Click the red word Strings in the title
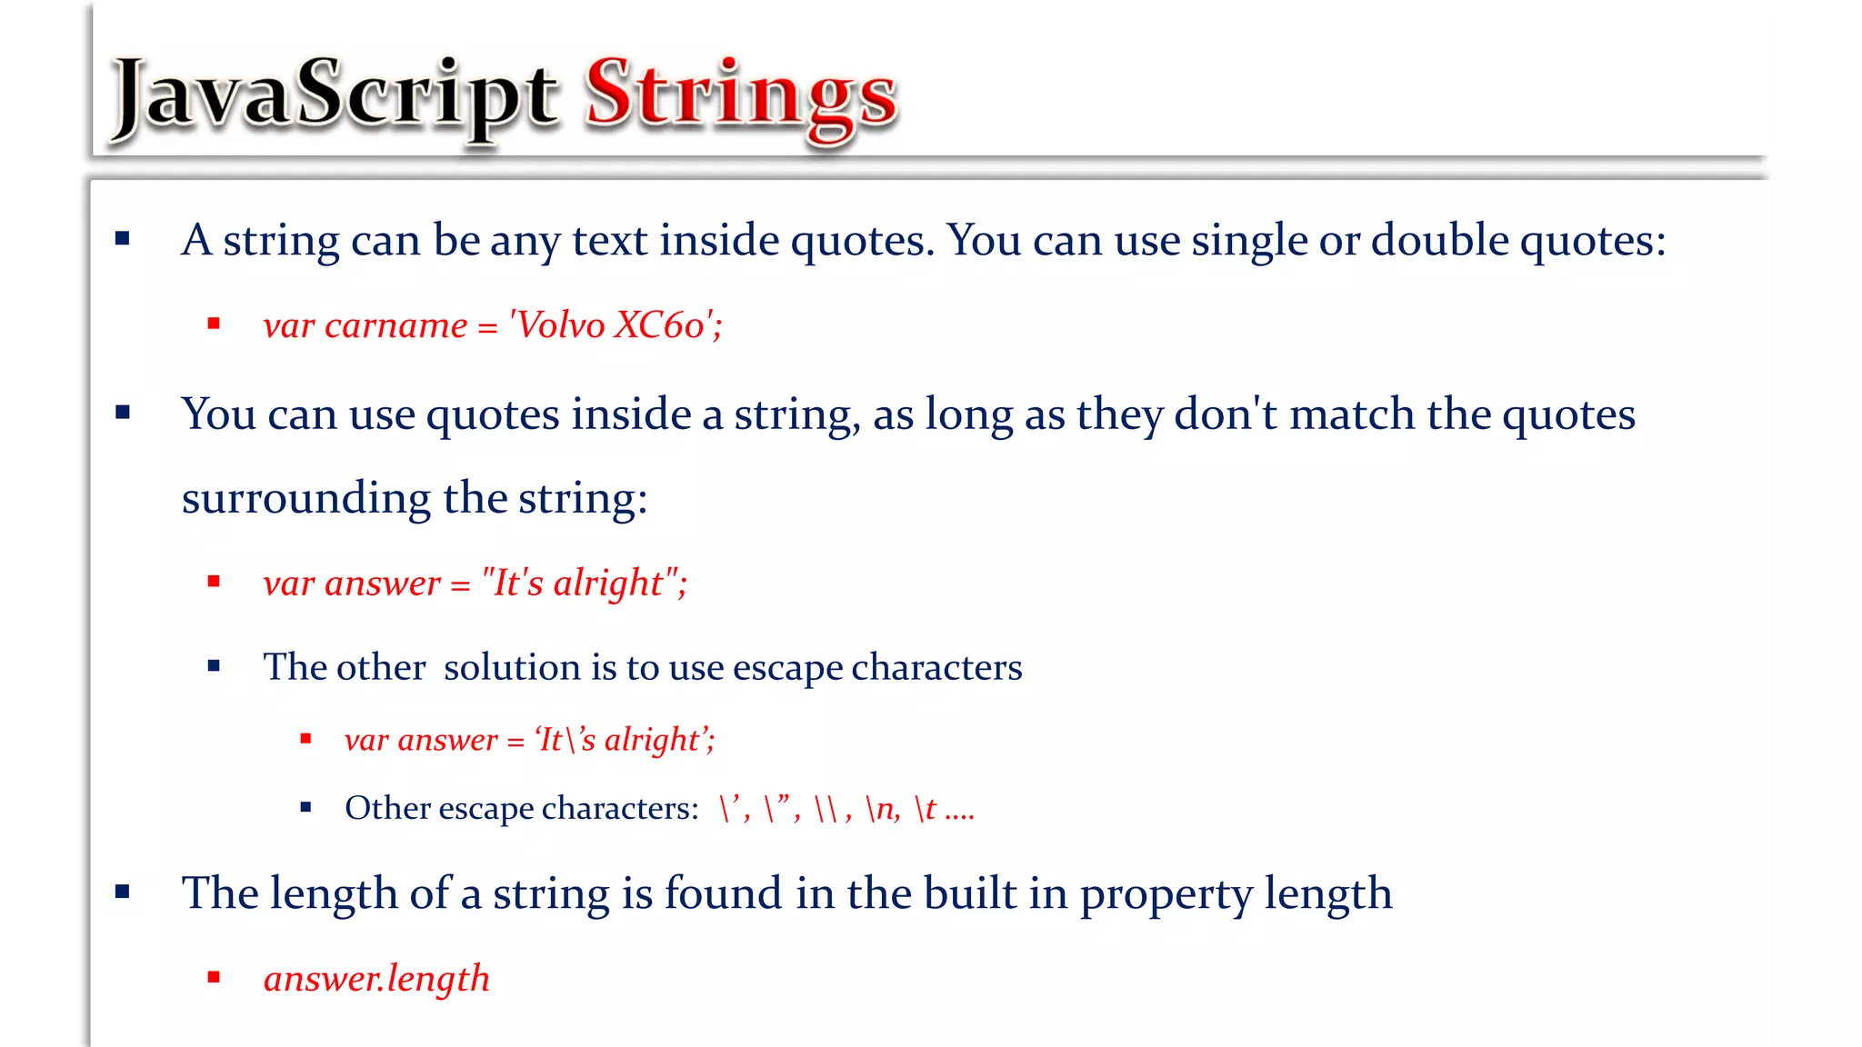[x=741, y=95]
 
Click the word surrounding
[x=306, y=499]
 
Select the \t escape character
[x=926, y=808]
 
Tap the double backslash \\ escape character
[x=826, y=808]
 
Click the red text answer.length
[x=376, y=979]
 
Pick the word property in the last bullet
[x=1166, y=894]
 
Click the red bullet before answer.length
[x=215, y=978]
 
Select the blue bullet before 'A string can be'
[x=123, y=239]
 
